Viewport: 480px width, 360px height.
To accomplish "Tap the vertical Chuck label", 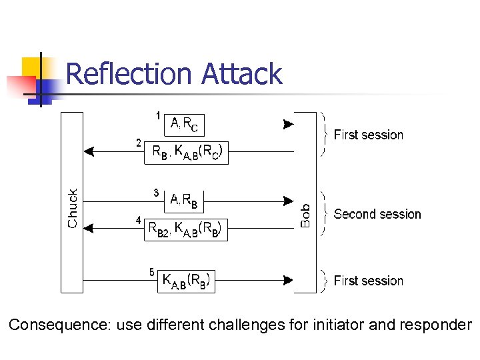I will coord(73,208).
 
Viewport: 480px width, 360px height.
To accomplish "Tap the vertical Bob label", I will coord(305,216).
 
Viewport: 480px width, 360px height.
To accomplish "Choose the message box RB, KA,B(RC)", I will coord(186,153).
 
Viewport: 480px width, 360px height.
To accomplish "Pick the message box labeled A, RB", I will coord(183,199).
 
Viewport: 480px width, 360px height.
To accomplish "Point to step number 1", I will coord(158,116).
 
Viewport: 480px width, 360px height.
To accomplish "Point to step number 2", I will coord(138,143).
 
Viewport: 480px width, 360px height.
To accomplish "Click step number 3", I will coord(155,193).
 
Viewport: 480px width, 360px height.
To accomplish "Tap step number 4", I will coord(138,220).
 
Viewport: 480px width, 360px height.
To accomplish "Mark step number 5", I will coord(152,271).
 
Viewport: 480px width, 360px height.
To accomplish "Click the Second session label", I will coord(377,214).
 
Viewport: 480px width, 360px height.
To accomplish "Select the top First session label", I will coord(368,135).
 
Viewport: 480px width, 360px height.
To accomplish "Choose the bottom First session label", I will coord(368,281).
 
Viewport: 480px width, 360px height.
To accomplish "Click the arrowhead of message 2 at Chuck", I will coord(89,152).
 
